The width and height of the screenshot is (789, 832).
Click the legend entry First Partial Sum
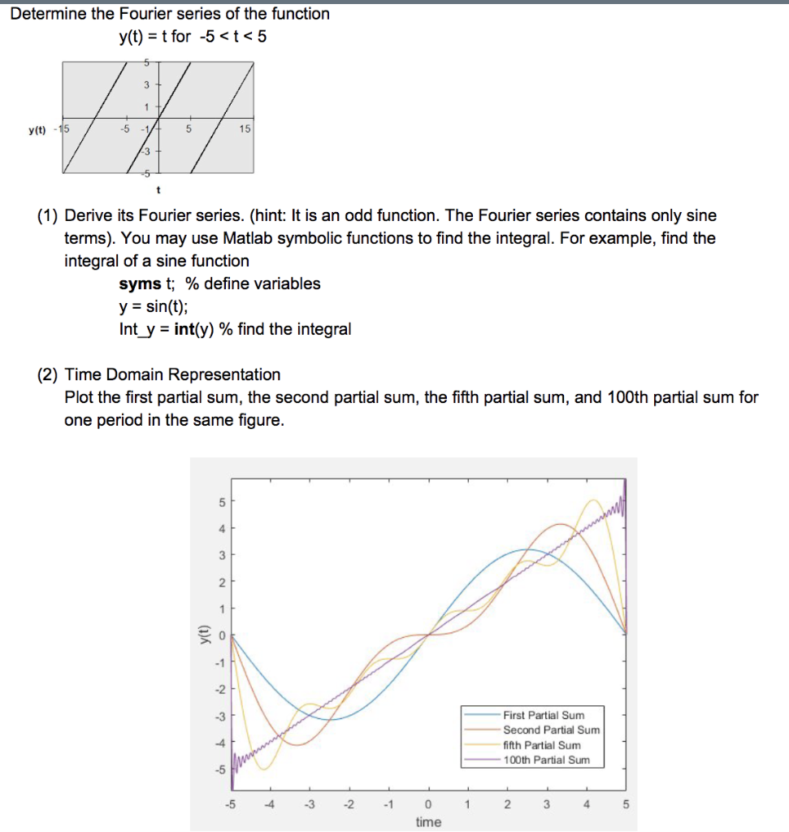(544, 715)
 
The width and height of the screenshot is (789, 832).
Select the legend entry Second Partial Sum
(550, 730)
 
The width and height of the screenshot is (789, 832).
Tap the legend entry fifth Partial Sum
(542, 745)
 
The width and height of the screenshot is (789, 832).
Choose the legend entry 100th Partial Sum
(545, 760)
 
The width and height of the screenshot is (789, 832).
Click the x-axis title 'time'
(428, 821)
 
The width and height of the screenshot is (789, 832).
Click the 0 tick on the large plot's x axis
(428, 804)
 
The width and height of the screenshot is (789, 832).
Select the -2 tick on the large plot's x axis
(349, 804)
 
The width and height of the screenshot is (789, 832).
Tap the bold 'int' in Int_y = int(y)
(184, 329)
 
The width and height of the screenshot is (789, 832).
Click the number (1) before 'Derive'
(48, 215)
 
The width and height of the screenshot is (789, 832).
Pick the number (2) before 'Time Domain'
(48, 375)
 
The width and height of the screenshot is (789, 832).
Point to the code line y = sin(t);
(152, 306)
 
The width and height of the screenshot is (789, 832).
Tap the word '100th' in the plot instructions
(626, 397)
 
